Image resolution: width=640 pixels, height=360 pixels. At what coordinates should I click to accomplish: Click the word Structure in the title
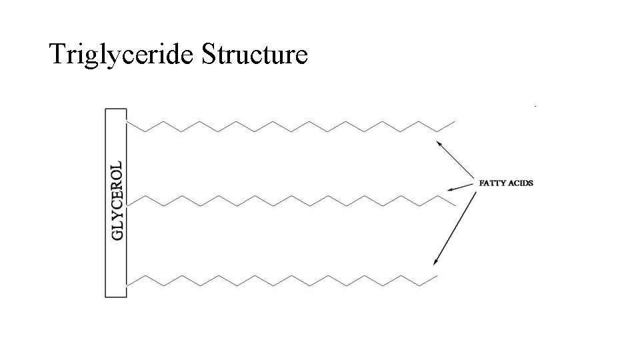coord(253,54)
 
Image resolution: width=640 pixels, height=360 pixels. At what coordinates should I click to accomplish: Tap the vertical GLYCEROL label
coord(117,200)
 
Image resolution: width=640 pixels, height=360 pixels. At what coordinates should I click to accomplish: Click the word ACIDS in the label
coord(521,183)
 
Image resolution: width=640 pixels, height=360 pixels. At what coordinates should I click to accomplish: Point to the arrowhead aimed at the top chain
coord(439,142)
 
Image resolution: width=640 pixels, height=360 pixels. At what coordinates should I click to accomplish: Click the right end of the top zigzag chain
coord(455,122)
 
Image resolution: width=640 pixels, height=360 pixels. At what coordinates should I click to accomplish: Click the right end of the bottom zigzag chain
coord(437,276)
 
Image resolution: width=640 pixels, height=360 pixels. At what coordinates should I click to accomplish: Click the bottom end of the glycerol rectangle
coord(115,295)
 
